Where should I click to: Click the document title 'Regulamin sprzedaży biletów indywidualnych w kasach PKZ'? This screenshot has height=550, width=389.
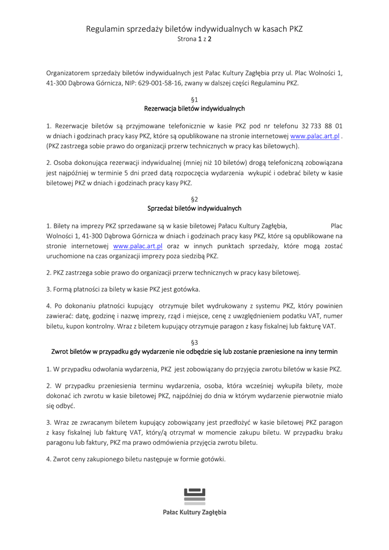[194, 29]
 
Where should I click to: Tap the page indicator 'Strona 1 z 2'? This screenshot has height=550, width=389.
[194, 39]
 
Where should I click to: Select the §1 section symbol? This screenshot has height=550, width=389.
[195, 99]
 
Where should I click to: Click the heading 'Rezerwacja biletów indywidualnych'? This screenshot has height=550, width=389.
[195, 108]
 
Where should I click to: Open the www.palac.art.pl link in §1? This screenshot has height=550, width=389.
[314, 136]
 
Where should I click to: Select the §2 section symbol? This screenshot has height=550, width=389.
[195, 199]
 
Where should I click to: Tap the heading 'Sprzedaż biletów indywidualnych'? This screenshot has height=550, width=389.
[195, 208]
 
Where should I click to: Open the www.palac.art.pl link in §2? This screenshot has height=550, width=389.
[138, 246]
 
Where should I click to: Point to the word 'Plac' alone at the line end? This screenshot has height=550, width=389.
[336, 226]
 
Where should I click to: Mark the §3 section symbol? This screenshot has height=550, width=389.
[195, 342]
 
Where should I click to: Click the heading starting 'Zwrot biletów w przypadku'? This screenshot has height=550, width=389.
[195, 352]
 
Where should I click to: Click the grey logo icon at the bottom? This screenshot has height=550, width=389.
[195, 496]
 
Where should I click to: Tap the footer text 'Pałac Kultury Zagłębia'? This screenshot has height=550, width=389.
[195, 512]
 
